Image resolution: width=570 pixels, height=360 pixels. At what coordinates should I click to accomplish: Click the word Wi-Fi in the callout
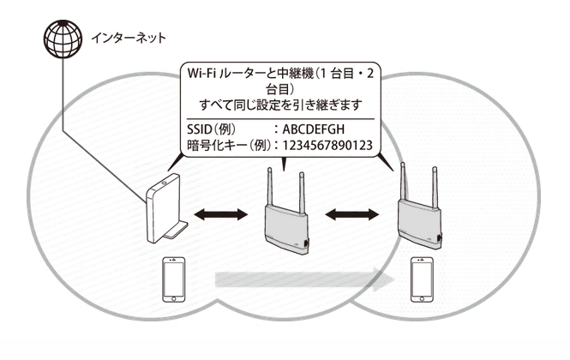pyautogui.click(x=203, y=76)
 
